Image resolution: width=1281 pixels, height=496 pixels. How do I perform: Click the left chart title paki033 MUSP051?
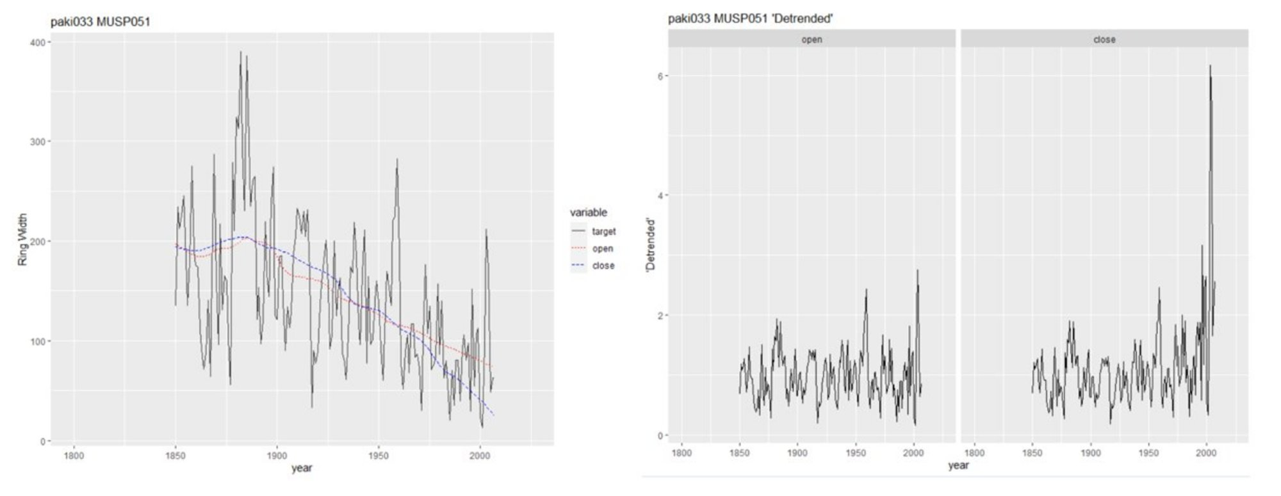(x=101, y=22)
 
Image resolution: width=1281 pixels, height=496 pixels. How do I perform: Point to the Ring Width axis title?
(x=23, y=240)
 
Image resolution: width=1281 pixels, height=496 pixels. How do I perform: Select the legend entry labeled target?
(x=603, y=232)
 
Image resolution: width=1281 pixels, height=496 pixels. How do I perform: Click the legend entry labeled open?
(x=602, y=249)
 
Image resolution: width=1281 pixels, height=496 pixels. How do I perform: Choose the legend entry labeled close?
(x=603, y=266)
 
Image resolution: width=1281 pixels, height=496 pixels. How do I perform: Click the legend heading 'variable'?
(x=588, y=212)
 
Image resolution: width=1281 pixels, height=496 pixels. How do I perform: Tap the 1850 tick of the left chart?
(x=175, y=456)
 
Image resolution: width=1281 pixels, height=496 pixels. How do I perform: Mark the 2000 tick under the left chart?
(x=480, y=456)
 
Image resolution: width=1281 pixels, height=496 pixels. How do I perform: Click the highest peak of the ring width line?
(x=241, y=52)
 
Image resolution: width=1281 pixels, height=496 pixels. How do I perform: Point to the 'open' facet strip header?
(x=812, y=40)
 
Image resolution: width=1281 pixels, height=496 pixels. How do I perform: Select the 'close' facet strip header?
(x=1104, y=40)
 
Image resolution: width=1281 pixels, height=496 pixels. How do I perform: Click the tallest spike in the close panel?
(x=1210, y=65)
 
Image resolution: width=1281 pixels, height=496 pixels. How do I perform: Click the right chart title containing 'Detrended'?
(x=750, y=19)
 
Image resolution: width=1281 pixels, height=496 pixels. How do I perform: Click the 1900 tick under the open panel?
(x=797, y=453)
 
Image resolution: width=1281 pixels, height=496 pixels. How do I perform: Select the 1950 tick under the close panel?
(x=1148, y=453)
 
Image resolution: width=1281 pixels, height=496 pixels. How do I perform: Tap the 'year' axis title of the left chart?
(x=302, y=468)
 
